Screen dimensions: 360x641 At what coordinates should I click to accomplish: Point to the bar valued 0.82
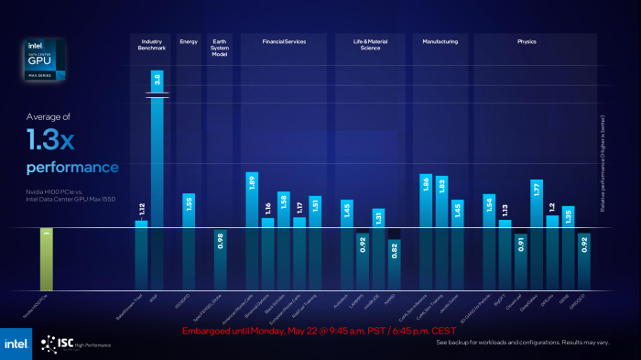pos(394,261)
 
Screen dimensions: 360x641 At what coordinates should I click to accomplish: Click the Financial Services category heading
pos(284,41)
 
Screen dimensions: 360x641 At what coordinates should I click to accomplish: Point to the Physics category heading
pos(527,41)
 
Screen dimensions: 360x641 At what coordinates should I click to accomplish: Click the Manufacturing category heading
pos(440,41)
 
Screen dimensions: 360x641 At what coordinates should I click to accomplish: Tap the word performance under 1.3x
pos(72,168)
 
